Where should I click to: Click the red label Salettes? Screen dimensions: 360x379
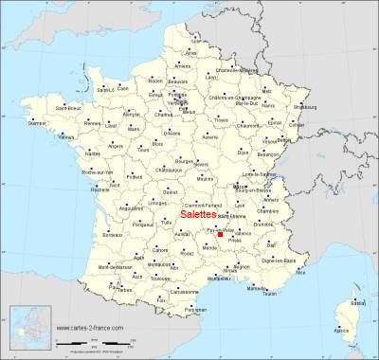196,215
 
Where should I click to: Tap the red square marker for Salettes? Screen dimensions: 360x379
220,234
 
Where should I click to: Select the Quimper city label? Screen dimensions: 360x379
37,122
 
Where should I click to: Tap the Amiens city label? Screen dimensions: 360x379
183,66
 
